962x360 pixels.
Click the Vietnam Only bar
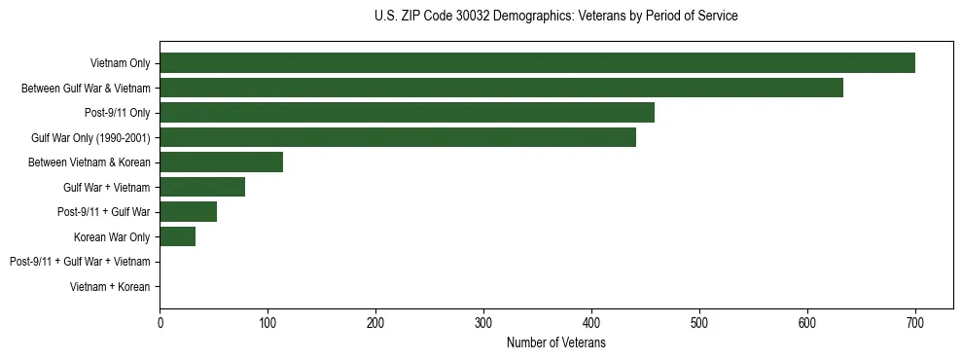click(537, 63)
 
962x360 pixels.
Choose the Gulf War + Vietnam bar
click(202, 187)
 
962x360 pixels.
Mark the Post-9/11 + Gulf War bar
click(188, 212)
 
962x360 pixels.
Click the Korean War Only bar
click(177, 236)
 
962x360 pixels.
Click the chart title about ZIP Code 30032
click(555, 17)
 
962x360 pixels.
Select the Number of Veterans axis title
click(555, 342)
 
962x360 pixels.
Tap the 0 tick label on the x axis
click(160, 323)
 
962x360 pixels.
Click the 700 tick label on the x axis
click(914, 323)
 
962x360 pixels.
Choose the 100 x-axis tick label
click(267, 323)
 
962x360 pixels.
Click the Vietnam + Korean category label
click(110, 287)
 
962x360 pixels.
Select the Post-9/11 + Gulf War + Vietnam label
click(80, 262)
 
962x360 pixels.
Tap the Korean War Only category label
click(112, 236)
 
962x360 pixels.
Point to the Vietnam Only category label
click(120, 63)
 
